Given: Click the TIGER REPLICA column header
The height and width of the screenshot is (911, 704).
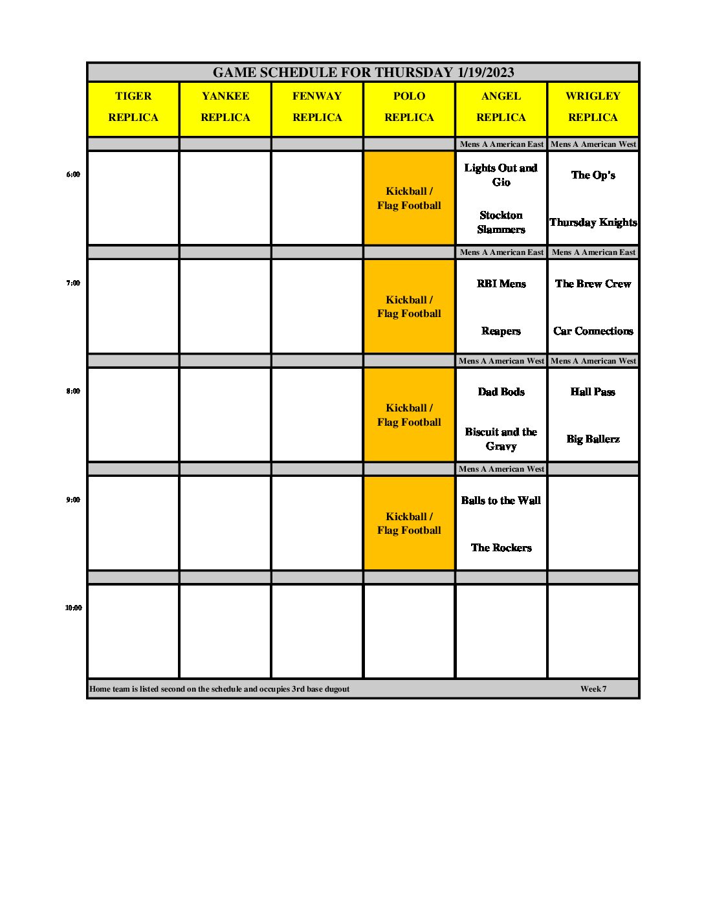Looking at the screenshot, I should pos(133,107).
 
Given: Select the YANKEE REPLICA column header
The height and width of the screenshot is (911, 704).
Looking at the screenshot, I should pos(225,107).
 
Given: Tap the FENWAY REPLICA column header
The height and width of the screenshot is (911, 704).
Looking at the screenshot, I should pos(317,107).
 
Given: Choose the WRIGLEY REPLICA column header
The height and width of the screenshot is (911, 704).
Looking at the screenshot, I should pos(593,107).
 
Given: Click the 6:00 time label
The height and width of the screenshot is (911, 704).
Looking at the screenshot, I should pos(73,175).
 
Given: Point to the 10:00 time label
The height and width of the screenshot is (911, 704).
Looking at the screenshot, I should pos(73,608).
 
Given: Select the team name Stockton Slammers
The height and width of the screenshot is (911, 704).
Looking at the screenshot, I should pos(501,223).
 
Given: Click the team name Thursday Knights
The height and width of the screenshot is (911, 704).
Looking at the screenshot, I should pos(593,223).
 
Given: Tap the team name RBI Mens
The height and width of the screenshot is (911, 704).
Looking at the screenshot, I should pos(501,284).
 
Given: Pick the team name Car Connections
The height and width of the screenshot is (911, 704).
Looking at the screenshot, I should pos(593,331).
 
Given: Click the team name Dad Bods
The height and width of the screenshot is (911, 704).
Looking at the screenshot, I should pos(501,392).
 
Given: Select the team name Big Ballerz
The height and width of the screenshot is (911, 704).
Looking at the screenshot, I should pos(593,439).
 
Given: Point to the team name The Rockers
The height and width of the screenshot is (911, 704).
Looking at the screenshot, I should pos(501,548).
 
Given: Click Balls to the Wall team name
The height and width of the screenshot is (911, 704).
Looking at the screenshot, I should pos(501,501).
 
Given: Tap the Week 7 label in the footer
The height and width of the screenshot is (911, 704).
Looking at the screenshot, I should pos(593,689).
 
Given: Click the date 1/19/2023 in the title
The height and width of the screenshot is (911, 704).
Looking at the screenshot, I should pos(485,72).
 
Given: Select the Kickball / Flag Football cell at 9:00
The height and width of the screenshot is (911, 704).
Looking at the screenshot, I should pos(409,523).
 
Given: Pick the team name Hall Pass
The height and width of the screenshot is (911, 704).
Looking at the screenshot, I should pos(593,392).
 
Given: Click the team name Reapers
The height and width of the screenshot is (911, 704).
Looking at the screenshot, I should pos(501,331).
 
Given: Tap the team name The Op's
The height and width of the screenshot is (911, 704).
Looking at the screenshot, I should pos(593,175).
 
